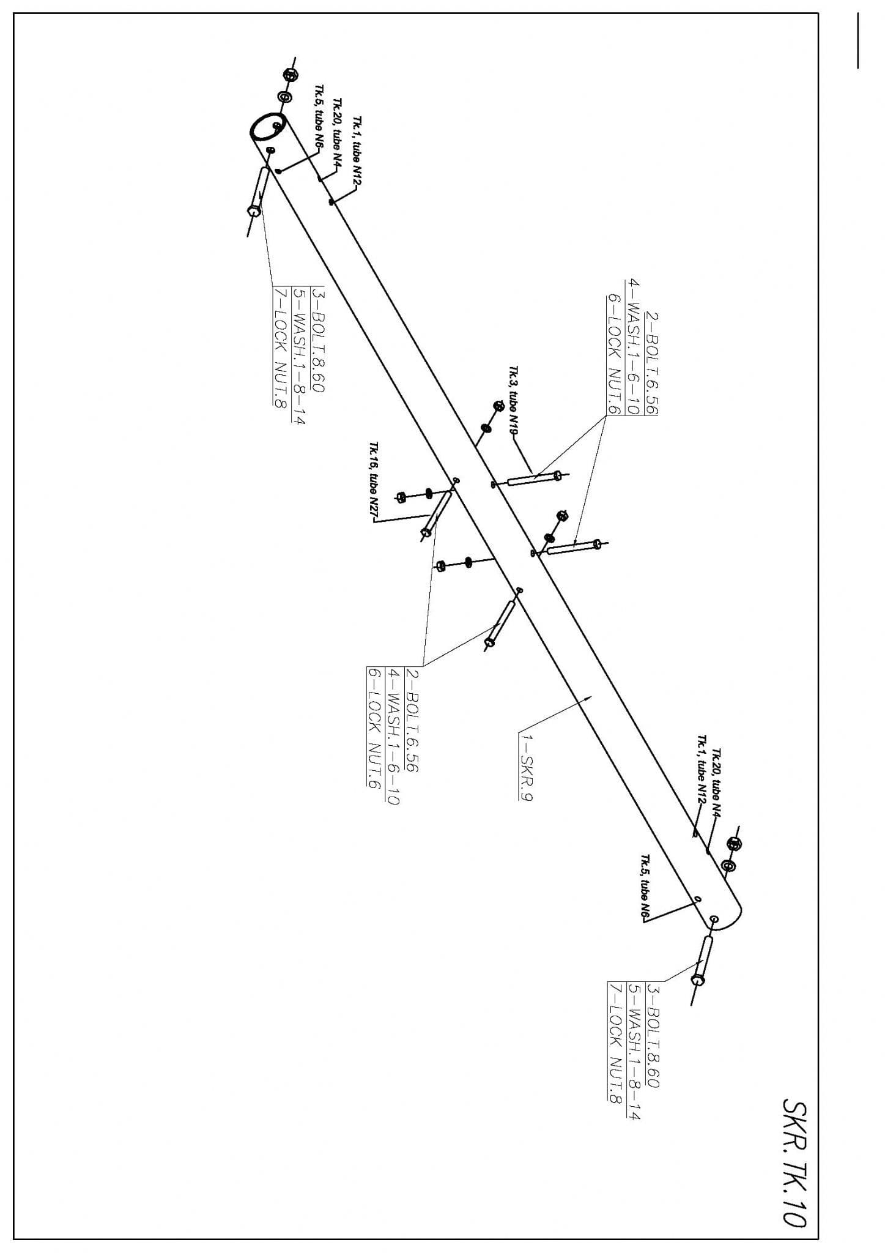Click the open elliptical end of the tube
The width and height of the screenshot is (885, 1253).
tap(267, 126)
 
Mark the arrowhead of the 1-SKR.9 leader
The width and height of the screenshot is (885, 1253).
tap(589, 697)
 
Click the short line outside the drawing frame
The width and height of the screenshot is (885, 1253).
tap(858, 40)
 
